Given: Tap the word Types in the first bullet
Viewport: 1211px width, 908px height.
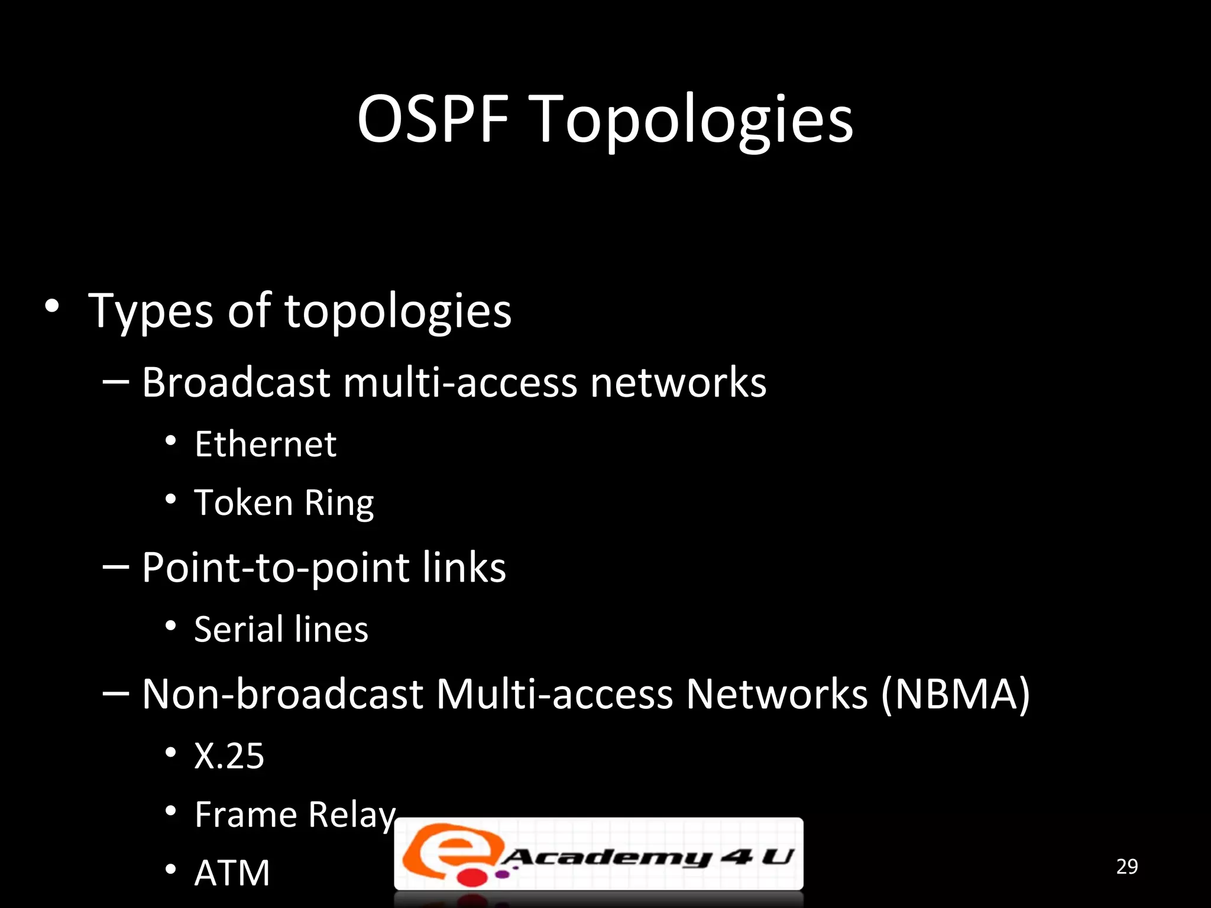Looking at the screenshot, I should coord(151,312).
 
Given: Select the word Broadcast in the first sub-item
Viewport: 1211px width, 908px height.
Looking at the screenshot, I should coord(236,382).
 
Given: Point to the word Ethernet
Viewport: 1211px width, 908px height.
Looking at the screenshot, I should coord(265,445).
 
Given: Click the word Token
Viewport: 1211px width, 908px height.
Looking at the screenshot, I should coord(244,503).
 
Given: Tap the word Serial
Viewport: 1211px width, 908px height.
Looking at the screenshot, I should coord(238,629).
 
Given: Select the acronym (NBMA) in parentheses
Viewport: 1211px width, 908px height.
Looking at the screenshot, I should coord(956,695).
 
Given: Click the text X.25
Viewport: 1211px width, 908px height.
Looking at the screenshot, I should coord(229,756).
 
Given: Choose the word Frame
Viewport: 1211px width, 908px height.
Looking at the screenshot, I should coord(245,815).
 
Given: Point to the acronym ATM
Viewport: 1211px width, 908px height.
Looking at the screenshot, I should coord(232,873).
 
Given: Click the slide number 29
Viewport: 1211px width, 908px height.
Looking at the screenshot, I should coord(1126,867).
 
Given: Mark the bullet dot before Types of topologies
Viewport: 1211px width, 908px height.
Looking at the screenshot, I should coord(52,306).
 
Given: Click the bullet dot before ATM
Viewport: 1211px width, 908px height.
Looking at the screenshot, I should coord(171,869).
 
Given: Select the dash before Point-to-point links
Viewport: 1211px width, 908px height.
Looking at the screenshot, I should coord(115,566).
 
